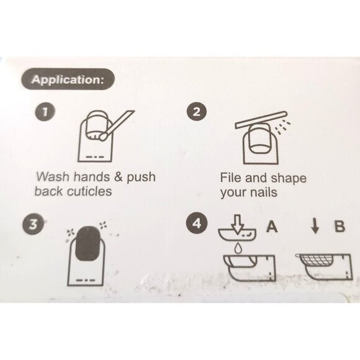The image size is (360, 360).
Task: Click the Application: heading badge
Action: click(x=68, y=79)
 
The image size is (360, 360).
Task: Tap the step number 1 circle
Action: click(x=45, y=112)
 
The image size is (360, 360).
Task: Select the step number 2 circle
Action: click(x=197, y=112)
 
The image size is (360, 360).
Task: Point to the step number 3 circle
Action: click(x=33, y=224)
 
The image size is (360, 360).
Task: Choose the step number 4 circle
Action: click(x=197, y=223)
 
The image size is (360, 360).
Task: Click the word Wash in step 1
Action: click(x=53, y=177)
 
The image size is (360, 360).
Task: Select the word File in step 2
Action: click(x=231, y=178)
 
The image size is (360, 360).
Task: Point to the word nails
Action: click(x=264, y=192)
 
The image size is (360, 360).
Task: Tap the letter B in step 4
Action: click(x=340, y=226)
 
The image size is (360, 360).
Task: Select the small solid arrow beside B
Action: click(x=315, y=227)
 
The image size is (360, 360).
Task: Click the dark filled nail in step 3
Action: click(x=88, y=243)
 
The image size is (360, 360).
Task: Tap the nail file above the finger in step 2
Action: click(x=261, y=120)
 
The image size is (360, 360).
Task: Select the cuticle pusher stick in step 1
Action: click(x=116, y=125)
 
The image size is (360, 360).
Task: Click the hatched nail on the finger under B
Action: click(x=315, y=260)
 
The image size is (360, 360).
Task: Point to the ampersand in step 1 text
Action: click(x=119, y=177)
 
